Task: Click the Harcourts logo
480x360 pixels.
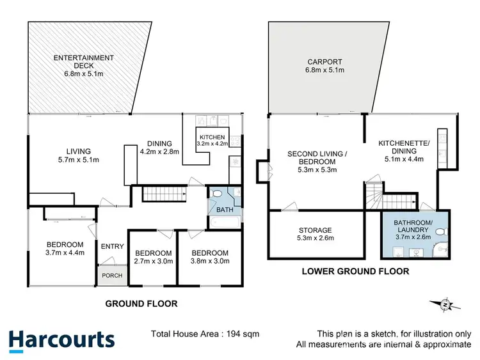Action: coord(62,340)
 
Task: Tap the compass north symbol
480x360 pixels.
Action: coord(443,305)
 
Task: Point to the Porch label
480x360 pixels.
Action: coord(110,276)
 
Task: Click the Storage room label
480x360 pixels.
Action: coord(315,230)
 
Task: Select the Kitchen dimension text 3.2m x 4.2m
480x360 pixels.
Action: coord(211,145)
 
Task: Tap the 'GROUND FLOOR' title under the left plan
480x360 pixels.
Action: coord(141,304)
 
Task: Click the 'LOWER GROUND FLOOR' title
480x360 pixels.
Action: coord(355,271)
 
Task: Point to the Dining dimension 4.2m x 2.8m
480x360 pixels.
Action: coord(159,152)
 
